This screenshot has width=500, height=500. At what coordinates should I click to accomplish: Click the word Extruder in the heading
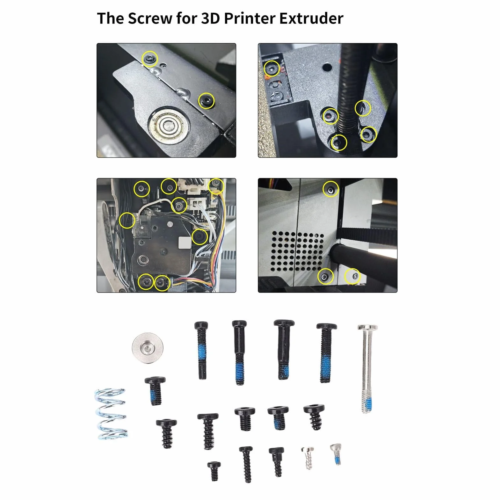311,18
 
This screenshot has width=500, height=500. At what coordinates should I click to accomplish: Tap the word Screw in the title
149,18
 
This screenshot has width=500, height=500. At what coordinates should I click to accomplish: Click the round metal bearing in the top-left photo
168,126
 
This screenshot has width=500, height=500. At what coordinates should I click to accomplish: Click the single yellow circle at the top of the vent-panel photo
330,189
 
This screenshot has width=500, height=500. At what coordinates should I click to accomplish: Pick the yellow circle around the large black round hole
200,237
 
